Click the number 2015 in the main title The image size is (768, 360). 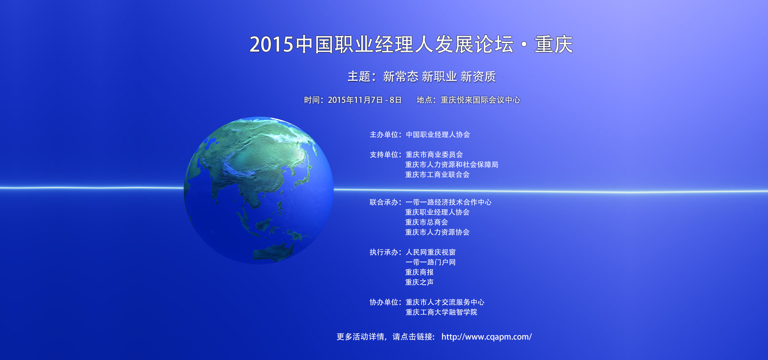272,44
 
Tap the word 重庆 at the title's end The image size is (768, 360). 554,44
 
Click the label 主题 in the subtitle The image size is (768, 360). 359,76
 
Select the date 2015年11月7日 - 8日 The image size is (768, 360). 365,100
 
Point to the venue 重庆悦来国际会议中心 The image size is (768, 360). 480,100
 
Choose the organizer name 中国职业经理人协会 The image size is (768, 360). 438,135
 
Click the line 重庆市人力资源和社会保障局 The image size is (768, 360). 452,165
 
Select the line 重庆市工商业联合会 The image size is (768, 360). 438,175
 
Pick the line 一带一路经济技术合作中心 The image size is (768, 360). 448,202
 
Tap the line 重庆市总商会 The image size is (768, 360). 427,222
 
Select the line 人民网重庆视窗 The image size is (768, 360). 431,252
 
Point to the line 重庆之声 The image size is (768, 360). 420,282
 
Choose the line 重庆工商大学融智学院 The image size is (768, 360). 442,312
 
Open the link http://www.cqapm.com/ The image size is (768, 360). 487,337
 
